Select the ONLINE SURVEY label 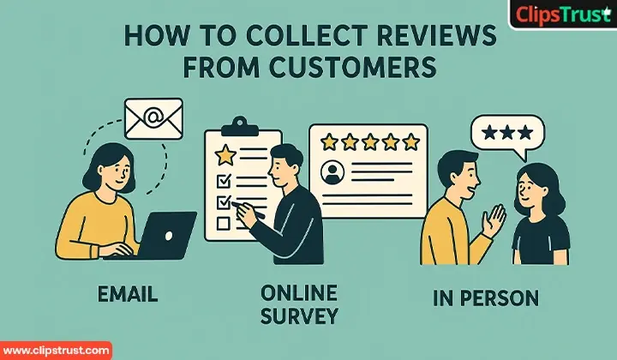pyautogui.click(x=298, y=303)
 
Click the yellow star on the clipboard pyautogui.click(x=225, y=155)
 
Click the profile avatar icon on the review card pyautogui.click(x=331, y=173)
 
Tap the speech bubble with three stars pyautogui.click(x=507, y=135)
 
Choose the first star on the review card pyautogui.click(x=326, y=141)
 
